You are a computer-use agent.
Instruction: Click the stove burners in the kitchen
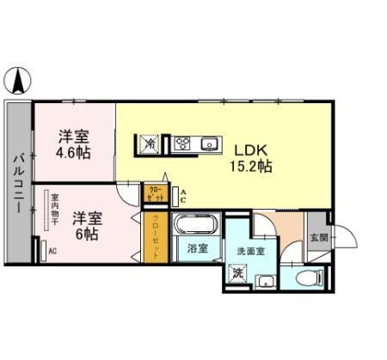pos(181,143)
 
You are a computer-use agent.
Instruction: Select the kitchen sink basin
pos(209,143)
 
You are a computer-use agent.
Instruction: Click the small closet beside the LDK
pos(155,193)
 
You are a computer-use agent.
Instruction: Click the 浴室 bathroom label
pos(197,249)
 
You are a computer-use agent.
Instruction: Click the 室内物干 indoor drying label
pos(54,211)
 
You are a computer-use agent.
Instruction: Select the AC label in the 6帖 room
pos(52,252)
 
